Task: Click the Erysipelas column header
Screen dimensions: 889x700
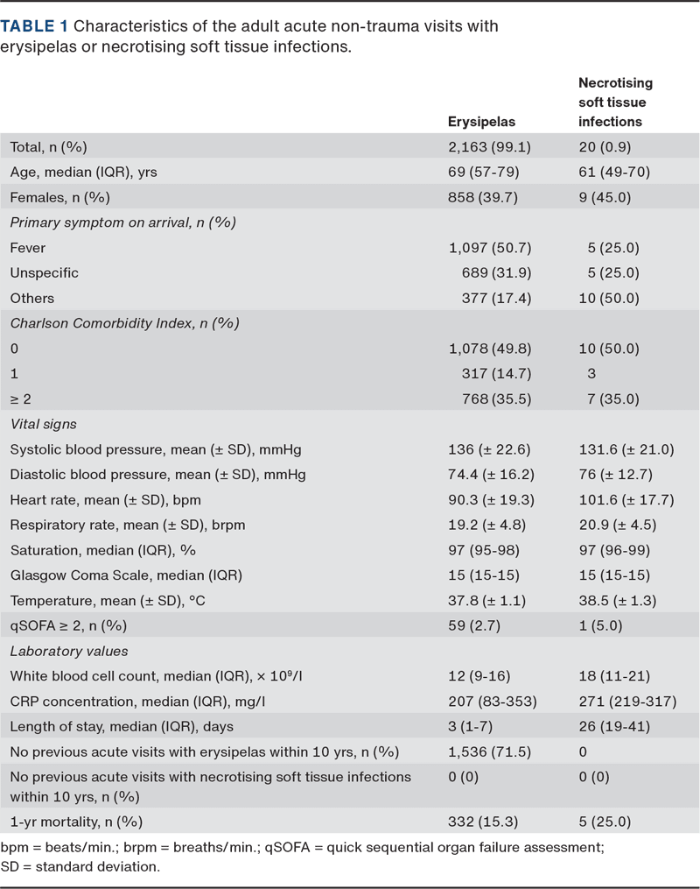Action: click(x=481, y=122)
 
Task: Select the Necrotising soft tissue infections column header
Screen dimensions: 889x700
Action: click(x=615, y=102)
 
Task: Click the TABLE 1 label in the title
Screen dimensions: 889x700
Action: click(x=36, y=26)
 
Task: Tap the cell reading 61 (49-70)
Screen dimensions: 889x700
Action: click(x=613, y=173)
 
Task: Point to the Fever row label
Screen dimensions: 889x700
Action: click(x=27, y=248)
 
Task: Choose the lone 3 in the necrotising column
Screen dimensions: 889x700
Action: click(x=591, y=372)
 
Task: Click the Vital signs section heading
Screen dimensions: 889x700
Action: click(x=43, y=424)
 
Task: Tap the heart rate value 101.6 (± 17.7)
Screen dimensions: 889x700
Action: click(x=626, y=499)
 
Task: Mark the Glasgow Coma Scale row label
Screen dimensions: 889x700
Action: click(x=126, y=575)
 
